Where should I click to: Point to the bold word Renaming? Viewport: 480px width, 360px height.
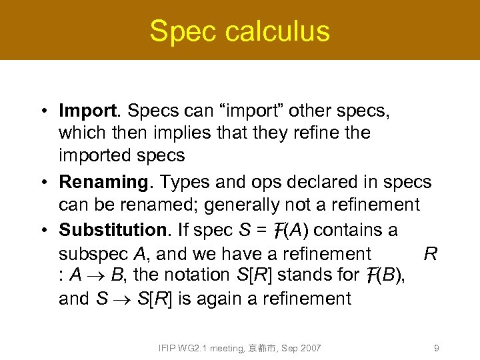tap(103, 181)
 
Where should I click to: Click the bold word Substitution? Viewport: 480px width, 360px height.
tap(114, 230)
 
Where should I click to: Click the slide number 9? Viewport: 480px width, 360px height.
tap(436, 348)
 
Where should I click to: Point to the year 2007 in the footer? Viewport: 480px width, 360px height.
tap(310, 348)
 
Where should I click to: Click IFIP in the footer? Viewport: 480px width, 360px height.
tap(166, 348)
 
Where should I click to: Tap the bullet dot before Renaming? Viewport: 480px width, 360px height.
tap(43, 182)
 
